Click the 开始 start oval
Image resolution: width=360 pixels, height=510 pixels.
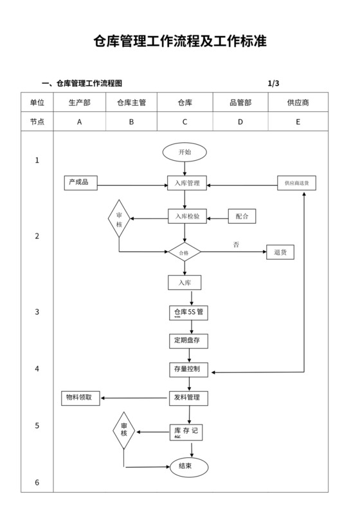pos(184,152)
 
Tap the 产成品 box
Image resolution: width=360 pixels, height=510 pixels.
pos(80,183)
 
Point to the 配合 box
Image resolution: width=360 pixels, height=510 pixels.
pos(242,217)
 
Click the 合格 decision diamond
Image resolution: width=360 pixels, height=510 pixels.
pos(184,253)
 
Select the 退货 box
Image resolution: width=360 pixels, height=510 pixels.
pos(280,252)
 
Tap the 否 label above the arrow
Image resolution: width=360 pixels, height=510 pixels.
pos(236,244)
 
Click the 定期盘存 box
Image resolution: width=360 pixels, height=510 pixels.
pos(188,340)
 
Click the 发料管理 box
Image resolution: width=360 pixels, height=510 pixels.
pos(188,398)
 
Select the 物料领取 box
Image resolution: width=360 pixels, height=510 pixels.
pos(80,397)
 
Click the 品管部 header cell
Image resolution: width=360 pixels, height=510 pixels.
pos(240,102)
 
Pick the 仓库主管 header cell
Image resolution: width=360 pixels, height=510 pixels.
pos(131,102)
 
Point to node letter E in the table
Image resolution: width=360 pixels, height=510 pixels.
pos(298,122)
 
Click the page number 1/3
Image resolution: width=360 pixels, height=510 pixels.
pos(273,83)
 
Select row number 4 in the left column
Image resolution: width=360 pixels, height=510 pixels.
pos(37,369)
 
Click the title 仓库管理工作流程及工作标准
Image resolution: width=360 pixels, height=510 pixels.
pos(180,42)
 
